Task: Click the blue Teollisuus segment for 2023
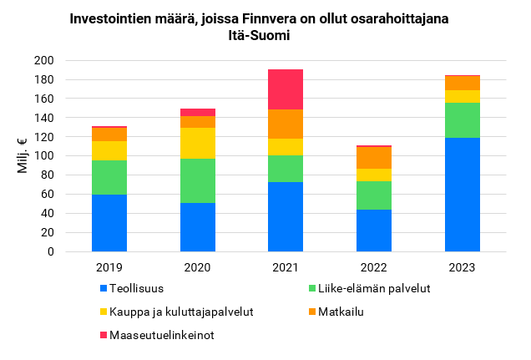462,195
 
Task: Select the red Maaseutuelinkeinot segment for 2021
286,89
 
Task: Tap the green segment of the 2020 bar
197,180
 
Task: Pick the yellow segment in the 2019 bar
109,150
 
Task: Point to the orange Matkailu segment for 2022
374,158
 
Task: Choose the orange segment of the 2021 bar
286,124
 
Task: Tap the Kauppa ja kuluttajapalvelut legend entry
175,312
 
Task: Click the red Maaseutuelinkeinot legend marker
104,336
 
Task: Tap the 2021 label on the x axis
286,267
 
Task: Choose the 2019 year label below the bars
109,267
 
